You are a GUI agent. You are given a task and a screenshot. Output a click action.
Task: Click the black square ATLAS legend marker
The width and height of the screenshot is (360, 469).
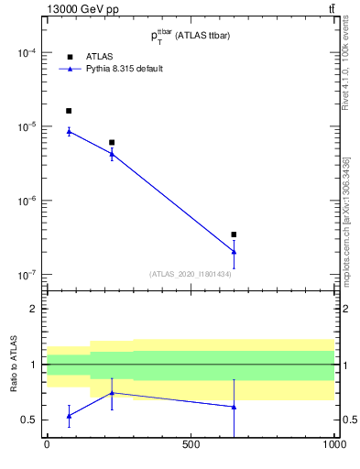(69, 56)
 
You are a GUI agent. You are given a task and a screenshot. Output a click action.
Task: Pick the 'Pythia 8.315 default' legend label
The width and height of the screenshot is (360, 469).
(124, 69)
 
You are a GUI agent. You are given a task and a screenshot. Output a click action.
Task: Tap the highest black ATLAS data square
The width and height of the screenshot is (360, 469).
(69, 111)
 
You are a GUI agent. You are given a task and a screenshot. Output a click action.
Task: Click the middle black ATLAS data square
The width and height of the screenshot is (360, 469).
(112, 142)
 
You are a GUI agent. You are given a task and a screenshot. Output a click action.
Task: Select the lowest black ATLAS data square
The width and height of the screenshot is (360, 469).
(234, 234)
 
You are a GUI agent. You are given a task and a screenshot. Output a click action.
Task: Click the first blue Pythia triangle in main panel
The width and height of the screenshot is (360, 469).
(69, 131)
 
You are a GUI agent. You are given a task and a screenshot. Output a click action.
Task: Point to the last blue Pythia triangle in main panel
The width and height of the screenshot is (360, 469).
(234, 251)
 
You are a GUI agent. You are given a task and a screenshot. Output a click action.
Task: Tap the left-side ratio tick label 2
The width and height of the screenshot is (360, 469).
(32, 310)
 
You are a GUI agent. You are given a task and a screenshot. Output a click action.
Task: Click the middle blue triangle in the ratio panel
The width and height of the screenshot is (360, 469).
(112, 392)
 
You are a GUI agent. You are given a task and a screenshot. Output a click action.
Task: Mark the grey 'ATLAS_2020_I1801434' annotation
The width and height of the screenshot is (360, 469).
(190, 274)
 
